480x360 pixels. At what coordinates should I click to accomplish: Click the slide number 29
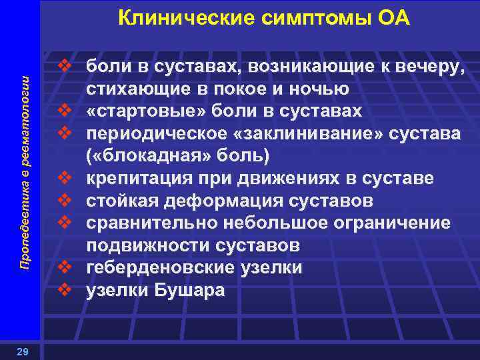22,349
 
